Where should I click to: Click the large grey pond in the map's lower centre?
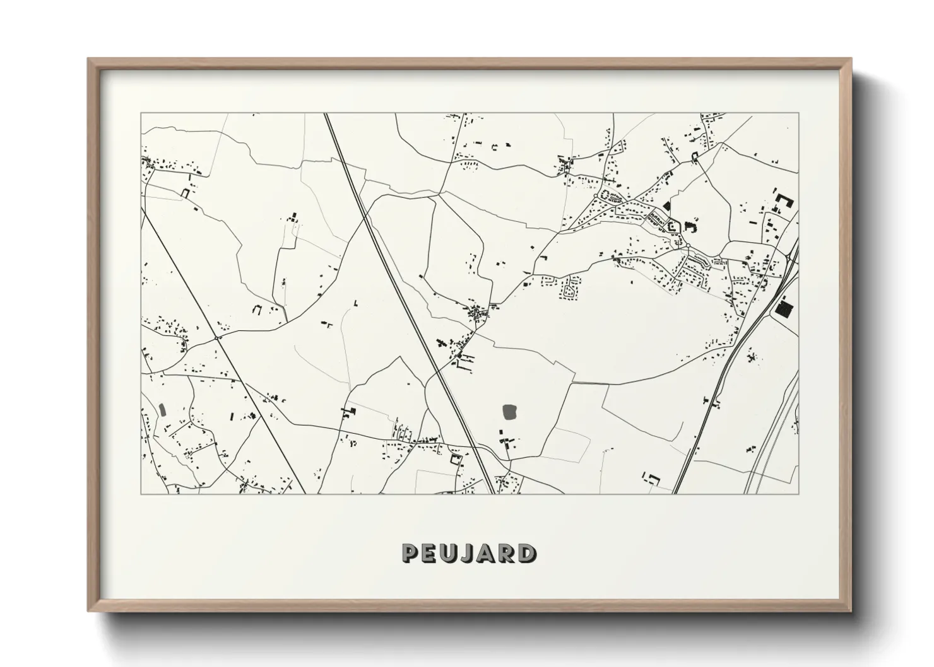(x=510, y=413)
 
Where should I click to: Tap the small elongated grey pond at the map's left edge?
(x=162, y=410)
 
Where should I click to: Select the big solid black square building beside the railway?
(x=784, y=309)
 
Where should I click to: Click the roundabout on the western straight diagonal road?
(x=218, y=338)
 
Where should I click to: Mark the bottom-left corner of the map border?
(x=141, y=494)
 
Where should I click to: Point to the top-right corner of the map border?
(x=798, y=113)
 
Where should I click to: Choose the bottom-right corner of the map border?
(x=798, y=494)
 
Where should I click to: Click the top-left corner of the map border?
(x=141, y=113)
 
